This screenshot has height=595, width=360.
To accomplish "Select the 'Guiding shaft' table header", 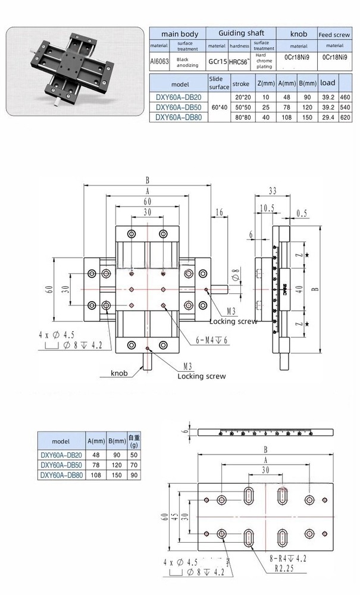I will (x=241, y=33).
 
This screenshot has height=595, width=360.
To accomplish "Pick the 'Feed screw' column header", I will (x=335, y=34).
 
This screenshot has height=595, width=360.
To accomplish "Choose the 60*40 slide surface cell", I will (x=218, y=107).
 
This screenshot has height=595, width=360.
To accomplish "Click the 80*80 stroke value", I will (x=241, y=117).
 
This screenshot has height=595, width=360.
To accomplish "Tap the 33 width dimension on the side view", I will (x=273, y=190).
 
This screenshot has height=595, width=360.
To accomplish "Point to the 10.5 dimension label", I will (x=267, y=208).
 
